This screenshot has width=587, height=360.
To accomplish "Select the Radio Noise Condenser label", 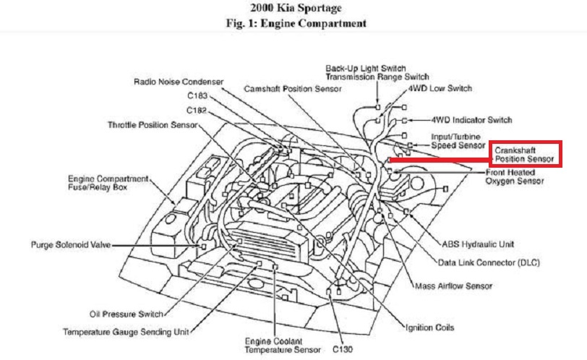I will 179,82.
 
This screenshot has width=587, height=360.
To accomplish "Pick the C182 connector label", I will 197,111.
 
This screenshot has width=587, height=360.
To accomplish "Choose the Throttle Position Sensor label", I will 153,125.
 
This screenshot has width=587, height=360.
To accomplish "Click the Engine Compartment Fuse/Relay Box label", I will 108,182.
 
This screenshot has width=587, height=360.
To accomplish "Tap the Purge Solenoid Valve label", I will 71,246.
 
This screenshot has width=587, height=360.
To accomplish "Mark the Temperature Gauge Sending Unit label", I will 126,332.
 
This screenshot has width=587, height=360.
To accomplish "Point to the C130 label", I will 343,349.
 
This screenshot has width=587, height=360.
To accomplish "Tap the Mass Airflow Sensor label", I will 454,286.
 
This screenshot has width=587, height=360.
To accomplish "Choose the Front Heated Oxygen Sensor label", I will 515,177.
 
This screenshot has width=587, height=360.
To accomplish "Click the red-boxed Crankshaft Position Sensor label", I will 524,154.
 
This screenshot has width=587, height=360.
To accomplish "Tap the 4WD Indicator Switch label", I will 471,120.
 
